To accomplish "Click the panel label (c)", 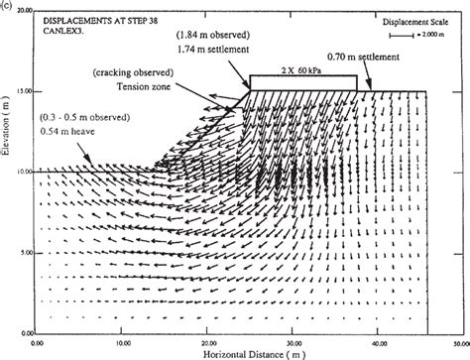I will [7, 5].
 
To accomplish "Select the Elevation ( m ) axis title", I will [8, 170].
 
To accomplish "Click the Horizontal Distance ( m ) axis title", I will [235, 352].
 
